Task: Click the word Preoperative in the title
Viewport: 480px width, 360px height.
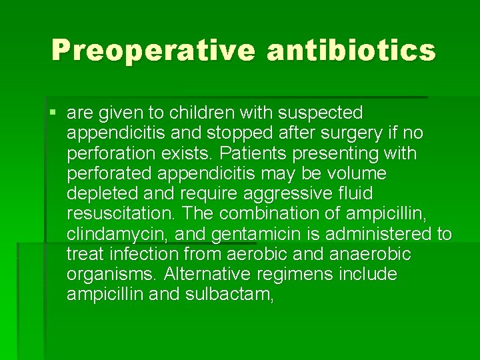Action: pos(153,51)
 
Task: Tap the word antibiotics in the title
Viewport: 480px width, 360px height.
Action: pos(351,51)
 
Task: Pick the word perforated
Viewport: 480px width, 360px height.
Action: pos(108,173)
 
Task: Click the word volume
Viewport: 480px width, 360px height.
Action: pos(357,173)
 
